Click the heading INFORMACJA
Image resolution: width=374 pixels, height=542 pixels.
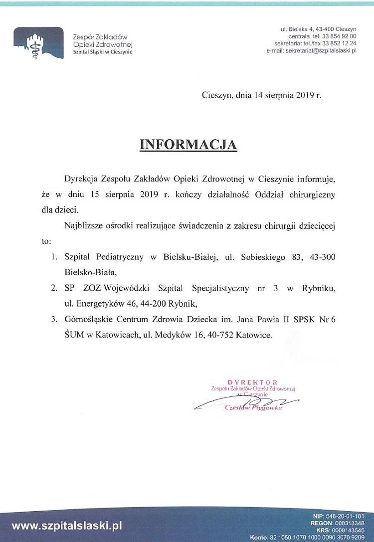coord(188,144)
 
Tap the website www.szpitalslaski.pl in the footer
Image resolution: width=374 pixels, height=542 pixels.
coord(67,525)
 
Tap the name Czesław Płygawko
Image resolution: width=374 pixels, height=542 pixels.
coord(254,407)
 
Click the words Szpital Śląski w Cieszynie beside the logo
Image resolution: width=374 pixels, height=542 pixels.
coord(103,52)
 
